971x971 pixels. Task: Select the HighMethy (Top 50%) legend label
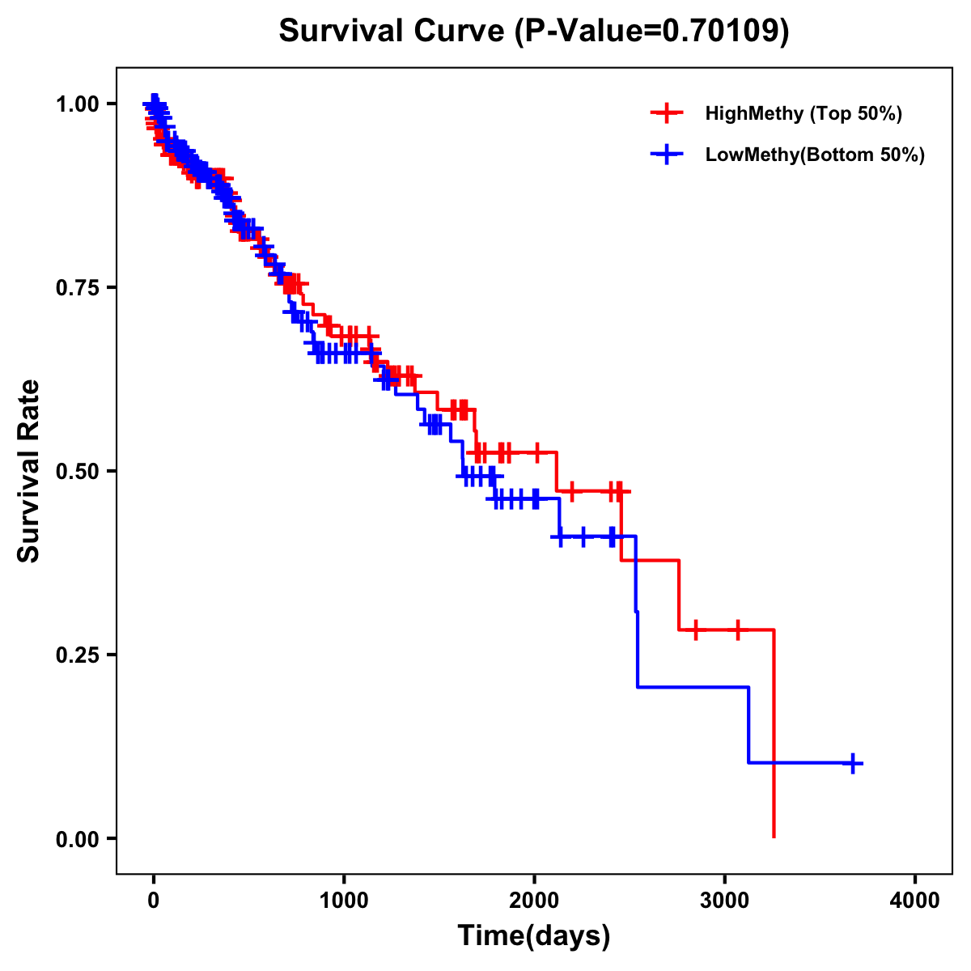803,113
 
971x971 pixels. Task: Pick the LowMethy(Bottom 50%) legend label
814,155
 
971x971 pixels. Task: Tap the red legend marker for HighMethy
667,113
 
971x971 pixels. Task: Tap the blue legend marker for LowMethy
667,155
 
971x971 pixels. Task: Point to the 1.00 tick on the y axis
78,104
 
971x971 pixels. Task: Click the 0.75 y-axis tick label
78,287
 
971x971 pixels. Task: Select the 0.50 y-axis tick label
78,471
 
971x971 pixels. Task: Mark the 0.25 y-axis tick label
78,655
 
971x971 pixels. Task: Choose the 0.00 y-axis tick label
78,838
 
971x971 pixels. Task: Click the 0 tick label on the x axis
154,901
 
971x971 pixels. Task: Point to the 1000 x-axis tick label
344,901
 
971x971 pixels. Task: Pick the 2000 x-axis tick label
534,901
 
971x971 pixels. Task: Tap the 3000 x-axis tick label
725,901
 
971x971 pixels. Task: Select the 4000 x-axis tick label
915,901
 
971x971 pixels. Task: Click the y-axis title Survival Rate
29,471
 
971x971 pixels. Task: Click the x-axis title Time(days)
534,936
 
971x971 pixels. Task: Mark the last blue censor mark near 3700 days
853,763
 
